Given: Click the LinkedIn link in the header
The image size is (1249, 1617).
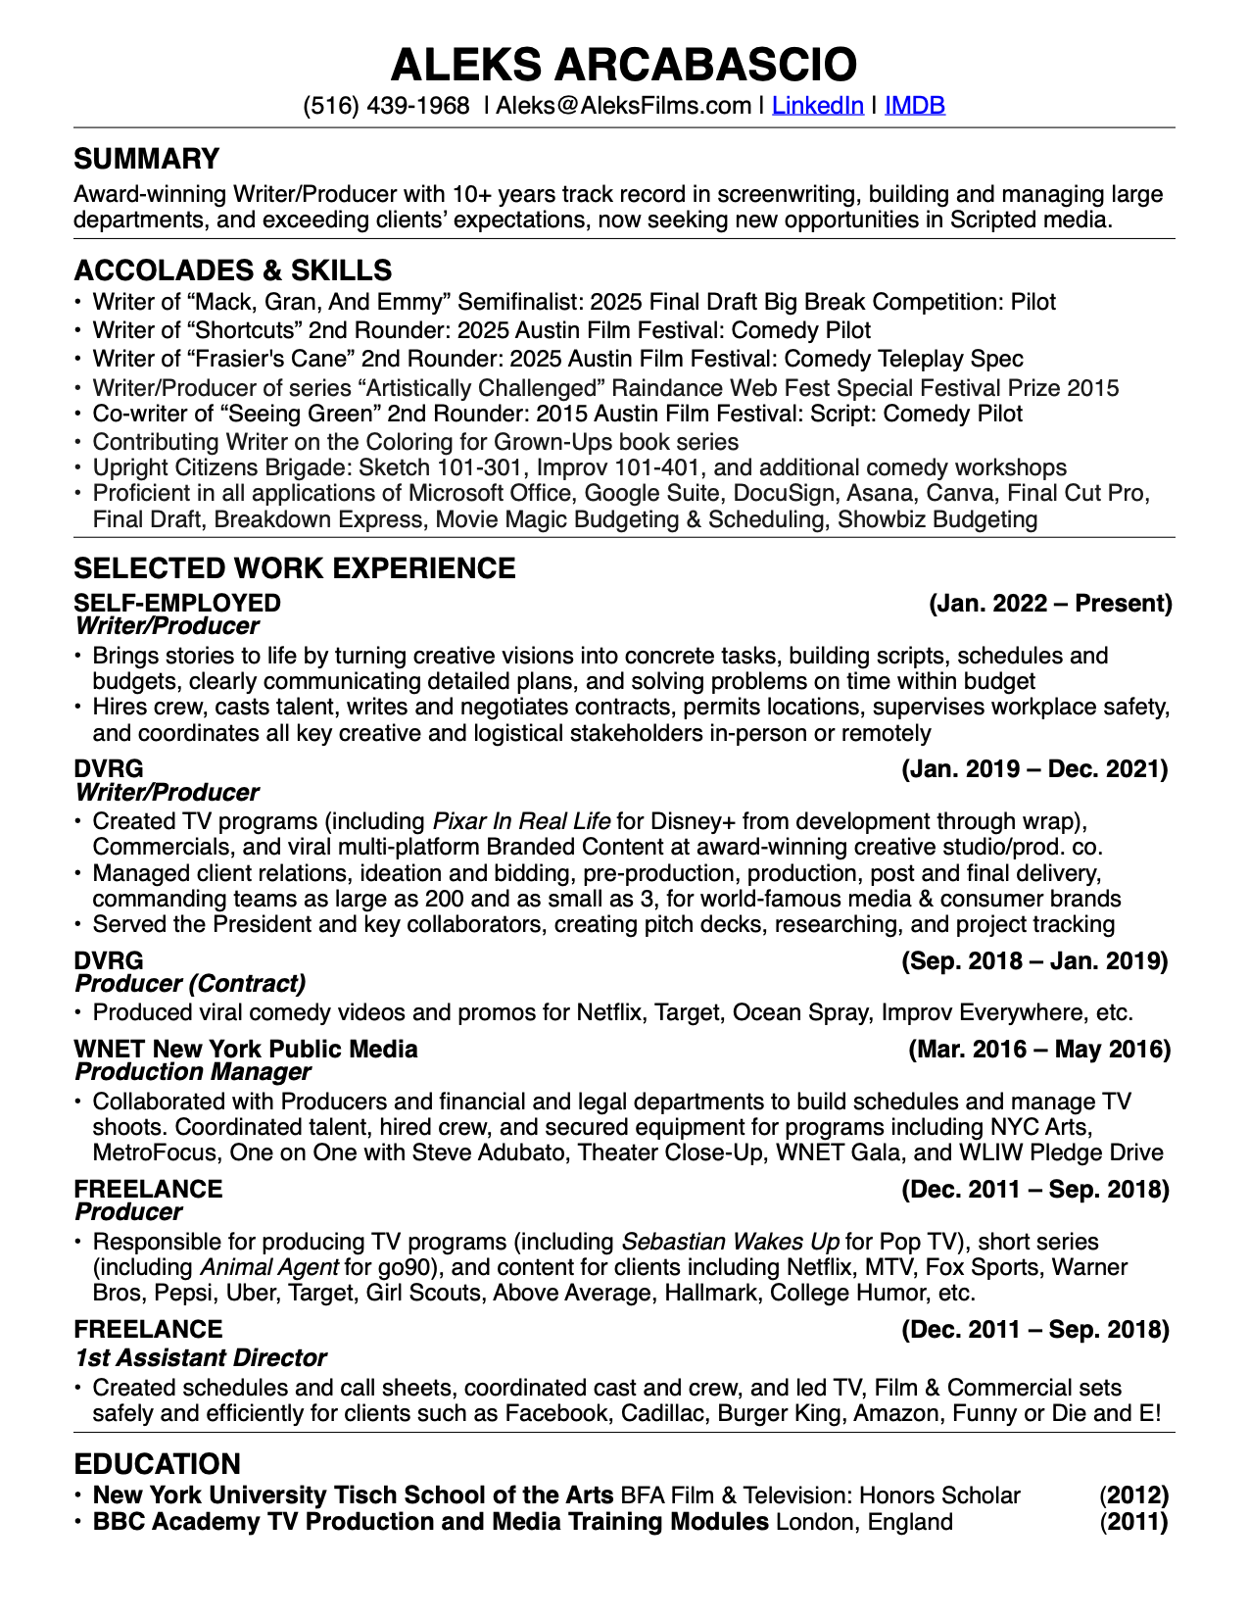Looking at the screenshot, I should click(x=817, y=105).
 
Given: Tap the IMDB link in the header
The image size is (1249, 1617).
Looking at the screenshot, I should click(x=915, y=105).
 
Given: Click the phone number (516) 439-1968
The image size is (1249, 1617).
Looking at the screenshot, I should click(x=386, y=105).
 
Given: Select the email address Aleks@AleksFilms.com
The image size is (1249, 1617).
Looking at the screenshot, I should click(x=623, y=105).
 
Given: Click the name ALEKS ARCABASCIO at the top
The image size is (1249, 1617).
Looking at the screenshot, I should click(x=624, y=65).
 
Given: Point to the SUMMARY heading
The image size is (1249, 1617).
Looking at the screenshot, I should click(x=147, y=159).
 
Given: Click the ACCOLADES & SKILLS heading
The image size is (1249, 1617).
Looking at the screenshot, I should click(x=233, y=270).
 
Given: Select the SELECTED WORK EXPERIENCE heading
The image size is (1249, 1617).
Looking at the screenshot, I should click(x=295, y=568).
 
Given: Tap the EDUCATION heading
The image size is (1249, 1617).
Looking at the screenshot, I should click(x=158, y=1464).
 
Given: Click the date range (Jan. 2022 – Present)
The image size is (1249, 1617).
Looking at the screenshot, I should click(x=1050, y=603).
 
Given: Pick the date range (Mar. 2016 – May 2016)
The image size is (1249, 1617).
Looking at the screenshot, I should click(x=1039, y=1050).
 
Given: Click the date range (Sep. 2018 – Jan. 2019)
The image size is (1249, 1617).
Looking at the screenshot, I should click(x=1034, y=960).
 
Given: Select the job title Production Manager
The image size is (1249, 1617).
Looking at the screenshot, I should click(x=193, y=1072).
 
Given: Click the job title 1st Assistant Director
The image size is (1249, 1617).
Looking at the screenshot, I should click(x=201, y=1357).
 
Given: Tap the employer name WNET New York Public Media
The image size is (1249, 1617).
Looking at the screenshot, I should click(x=246, y=1050).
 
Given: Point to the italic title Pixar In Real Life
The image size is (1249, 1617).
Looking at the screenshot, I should click(x=521, y=821).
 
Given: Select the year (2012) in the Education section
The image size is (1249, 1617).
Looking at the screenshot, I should click(x=1134, y=1495).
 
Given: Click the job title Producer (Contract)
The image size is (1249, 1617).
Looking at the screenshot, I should click(x=190, y=983).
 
